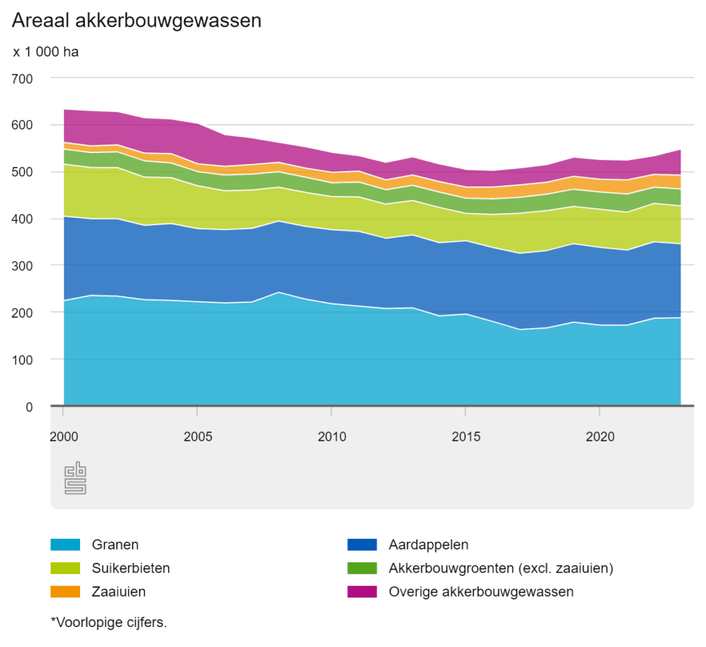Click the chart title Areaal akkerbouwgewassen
click(x=137, y=21)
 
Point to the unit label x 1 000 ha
click(x=46, y=52)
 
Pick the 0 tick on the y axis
click(x=29, y=407)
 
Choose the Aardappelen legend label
click(x=428, y=545)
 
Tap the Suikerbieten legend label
click(x=130, y=568)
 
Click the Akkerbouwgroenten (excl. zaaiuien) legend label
click(x=501, y=568)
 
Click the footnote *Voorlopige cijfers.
click(x=109, y=622)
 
